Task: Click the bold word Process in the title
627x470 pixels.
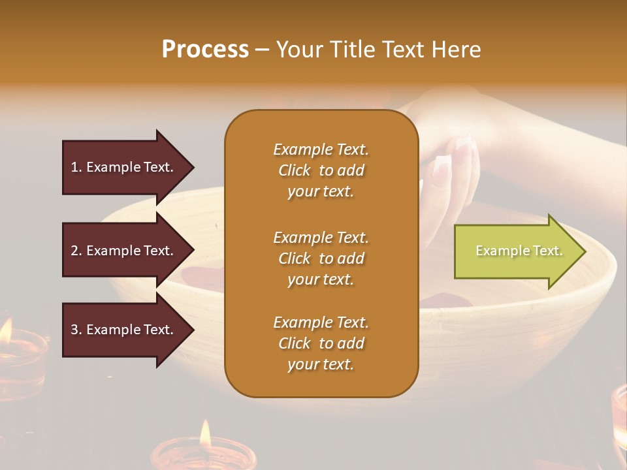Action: tap(205, 50)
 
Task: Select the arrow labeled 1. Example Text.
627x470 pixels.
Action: tap(124, 167)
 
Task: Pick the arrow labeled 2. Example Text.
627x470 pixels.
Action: tap(124, 251)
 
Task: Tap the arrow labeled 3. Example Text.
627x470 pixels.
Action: tap(124, 330)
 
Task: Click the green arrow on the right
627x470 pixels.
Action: tap(516, 251)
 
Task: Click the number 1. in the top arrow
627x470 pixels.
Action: tap(76, 167)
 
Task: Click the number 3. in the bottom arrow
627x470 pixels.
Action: tap(76, 330)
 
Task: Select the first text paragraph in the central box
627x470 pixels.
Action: tap(321, 170)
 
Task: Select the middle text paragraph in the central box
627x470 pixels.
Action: tap(321, 258)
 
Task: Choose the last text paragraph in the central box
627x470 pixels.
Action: tap(321, 343)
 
